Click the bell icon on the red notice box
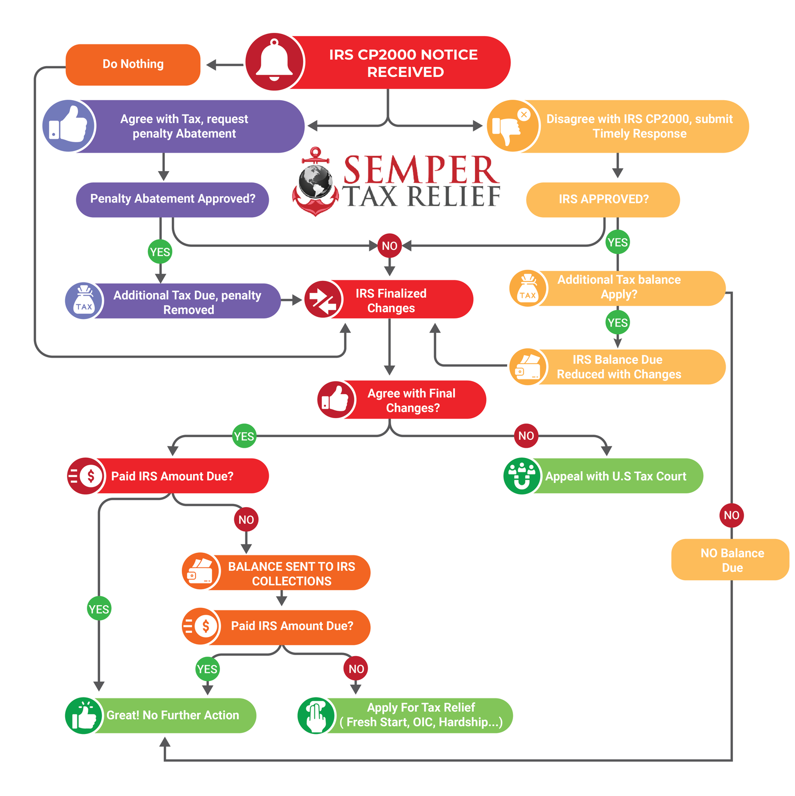click(x=275, y=61)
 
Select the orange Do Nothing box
click(x=133, y=65)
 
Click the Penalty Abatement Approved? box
click(x=172, y=199)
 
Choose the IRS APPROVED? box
click(x=603, y=200)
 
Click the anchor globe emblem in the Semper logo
click(x=315, y=183)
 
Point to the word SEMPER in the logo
click(x=421, y=170)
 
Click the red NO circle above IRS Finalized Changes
click(x=390, y=246)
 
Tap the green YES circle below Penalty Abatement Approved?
click(x=160, y=252)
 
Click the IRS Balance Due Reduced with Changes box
click(x=619, y=367)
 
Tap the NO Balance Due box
click(x=731, y=560)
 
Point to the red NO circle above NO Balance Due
click(x=731, y=515)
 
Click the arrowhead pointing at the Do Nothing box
click(x=211, y=65)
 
